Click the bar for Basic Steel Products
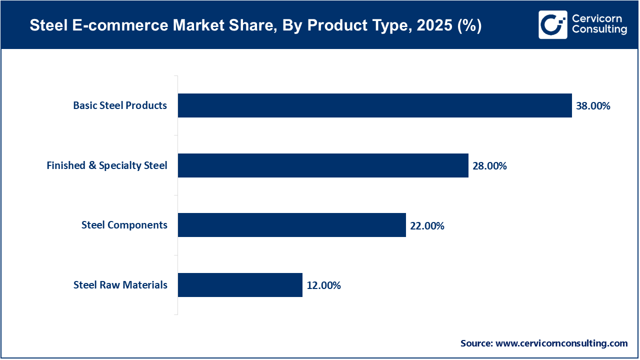tap(374, 105)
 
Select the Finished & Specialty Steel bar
tap(323, 165)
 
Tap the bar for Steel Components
tap(291, 225)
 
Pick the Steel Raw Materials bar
tap(240, 285)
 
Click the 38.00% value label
tap(593, 106)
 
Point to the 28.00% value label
tap(489, 166)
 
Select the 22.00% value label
tap(427, 226)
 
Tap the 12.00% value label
tap(323, 285)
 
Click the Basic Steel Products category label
tap(120, 105)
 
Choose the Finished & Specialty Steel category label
tap(107, 165)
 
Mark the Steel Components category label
tap(124, 225)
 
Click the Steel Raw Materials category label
tap(120, 285)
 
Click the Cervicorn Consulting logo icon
tap(553, 24)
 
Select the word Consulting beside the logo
tap(599, 30)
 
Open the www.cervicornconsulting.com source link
tap(561, 343)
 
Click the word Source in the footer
tap(476, 343)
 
